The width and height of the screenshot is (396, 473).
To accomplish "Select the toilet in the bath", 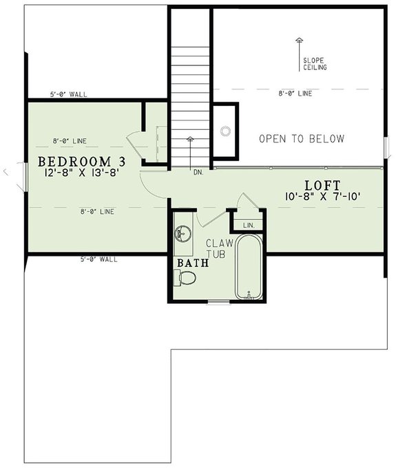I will [186, 278].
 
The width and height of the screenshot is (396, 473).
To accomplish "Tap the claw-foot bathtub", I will [249, 268].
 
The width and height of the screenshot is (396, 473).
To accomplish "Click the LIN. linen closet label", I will [249, 225].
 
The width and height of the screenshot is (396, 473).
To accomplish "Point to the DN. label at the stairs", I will [198, 172].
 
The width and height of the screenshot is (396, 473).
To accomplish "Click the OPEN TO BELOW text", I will [301, 139].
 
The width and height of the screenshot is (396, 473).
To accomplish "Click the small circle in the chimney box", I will [225, 130].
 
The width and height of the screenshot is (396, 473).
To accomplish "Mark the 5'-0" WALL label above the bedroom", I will [68, 94].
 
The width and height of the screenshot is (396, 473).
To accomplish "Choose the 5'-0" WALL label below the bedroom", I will [99, 259].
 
